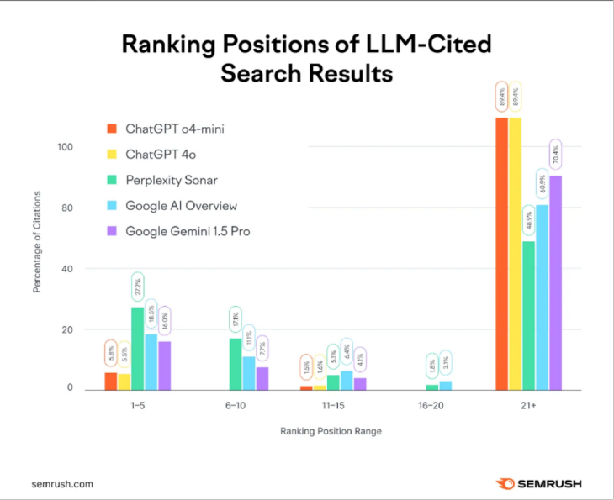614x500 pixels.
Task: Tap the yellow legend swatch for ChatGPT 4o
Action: tap(111, 155)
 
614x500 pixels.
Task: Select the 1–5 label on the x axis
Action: tap(138, 405)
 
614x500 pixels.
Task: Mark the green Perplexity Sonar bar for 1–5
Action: tap(138, 348)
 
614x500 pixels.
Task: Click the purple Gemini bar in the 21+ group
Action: tap(555, 282)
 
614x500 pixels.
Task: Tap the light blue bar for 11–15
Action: tap(346, 382)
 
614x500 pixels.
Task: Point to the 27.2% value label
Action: tap(138, 289)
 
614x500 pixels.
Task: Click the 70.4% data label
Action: tap(555, 155)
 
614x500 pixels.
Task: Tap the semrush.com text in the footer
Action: tap(62, 484)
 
